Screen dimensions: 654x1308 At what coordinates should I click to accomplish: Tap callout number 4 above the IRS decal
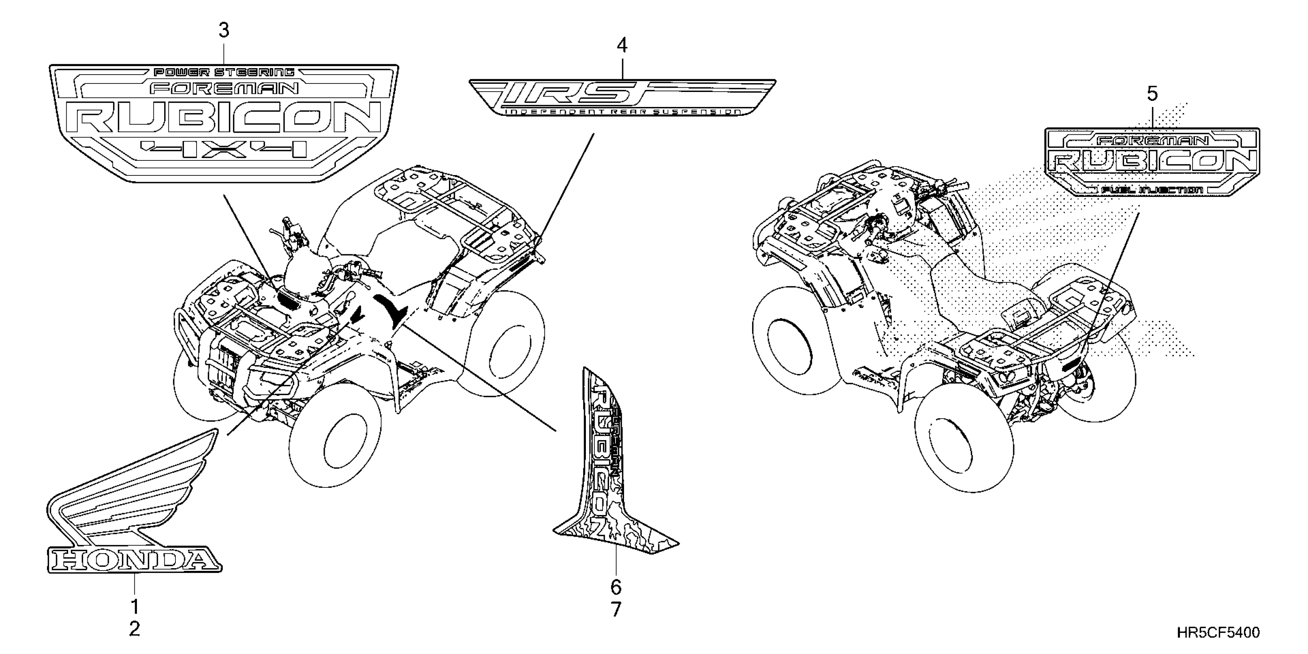click(622, 46)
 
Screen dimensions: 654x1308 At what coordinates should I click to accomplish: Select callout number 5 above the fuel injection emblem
click(1152, 94)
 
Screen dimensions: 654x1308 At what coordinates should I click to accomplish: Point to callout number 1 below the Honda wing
click(135, 606)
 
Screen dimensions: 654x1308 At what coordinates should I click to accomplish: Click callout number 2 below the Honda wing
click(135, 629)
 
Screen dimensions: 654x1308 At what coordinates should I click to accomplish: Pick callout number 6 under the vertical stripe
click(616, 587)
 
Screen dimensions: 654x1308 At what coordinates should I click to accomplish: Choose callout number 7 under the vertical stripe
click(616, 609)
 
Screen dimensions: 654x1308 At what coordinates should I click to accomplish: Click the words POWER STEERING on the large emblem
click(224, 73)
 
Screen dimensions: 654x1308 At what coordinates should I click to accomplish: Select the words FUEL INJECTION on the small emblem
click(1151, 190)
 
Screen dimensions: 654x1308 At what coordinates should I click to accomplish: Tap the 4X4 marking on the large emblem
click(224, 149)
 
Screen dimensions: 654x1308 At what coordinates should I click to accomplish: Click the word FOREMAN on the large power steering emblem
click(224, 88)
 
